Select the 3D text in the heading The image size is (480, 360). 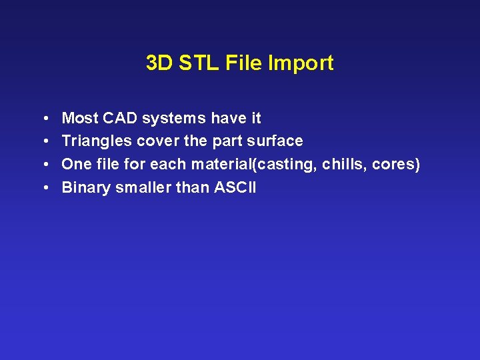click(x=159, y=63)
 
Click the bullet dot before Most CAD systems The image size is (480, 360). click(x=43, y=119)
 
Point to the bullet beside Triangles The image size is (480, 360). click(x=43, y=141)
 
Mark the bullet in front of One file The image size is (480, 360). click(x=43, y=165)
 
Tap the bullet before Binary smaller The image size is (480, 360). click(x=43, y=187)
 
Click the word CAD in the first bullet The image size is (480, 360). click(x=118, y=119)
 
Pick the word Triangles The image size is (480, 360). click(x=97, y=141)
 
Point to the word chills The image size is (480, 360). click(x=342, y=165)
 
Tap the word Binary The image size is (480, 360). click(x=86, y=187)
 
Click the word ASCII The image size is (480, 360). click(x=235, y=187)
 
